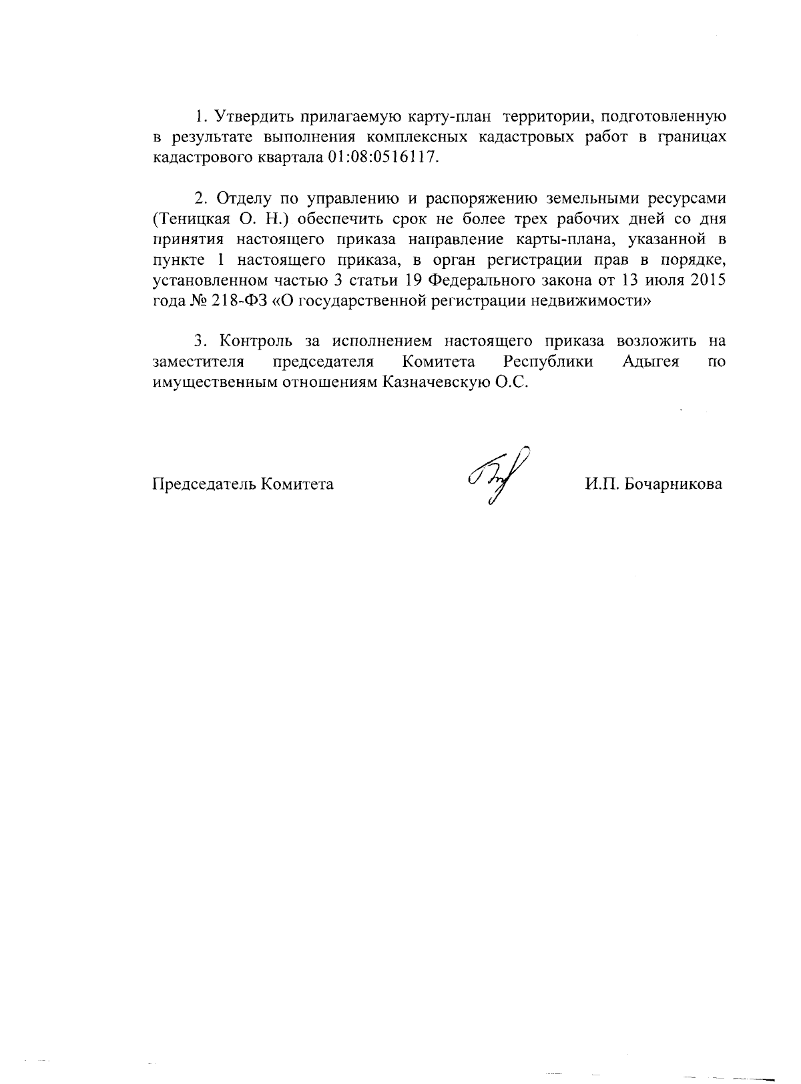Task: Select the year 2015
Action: coord(708,280)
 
